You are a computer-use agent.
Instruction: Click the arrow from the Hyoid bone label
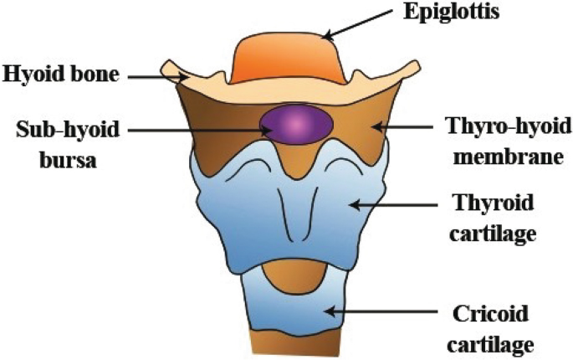(156, 76)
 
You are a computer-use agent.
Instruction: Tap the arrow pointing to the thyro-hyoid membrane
(402, 127)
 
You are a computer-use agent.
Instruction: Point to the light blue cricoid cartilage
(293, 314)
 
